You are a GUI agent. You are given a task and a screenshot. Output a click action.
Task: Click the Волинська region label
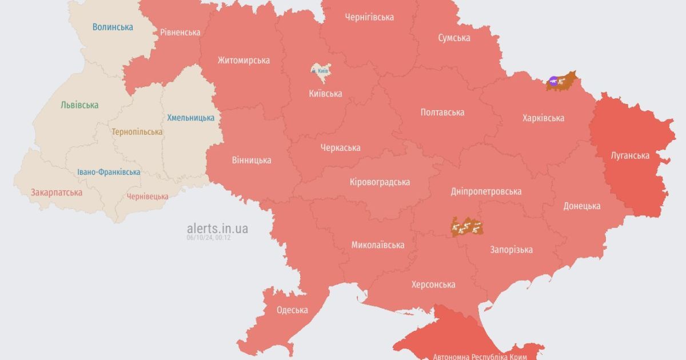[113, 27]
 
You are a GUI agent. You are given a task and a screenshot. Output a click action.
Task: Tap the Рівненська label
[180, 32]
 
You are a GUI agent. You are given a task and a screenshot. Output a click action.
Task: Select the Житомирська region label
[244, 60]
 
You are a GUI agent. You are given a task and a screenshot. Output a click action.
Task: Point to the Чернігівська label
[369, 17]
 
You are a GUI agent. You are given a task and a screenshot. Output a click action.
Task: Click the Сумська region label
[454, 38]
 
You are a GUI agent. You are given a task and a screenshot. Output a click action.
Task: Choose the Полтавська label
[442, 112]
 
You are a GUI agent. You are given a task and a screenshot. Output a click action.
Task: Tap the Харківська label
[543, 118]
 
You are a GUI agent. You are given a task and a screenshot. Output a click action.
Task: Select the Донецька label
[581, 206]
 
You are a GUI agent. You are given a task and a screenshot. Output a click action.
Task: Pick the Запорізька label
[511, 249]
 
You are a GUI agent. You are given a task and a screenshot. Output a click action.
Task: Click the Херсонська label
[433, 284]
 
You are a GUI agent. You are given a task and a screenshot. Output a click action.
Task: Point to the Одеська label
[292, 310]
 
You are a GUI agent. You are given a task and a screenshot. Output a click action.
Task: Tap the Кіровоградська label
[380, 182]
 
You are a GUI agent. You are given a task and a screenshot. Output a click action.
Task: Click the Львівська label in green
[79, 105]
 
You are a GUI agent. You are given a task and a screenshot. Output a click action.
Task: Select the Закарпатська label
[57, 192]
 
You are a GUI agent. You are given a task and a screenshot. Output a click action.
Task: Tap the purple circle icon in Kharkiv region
[553, 81]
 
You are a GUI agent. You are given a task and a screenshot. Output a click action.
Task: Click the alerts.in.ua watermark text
[217, 229]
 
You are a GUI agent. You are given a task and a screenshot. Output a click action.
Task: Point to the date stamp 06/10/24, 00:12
[208, 238]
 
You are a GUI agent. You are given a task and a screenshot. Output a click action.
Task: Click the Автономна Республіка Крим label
[480, 355]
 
